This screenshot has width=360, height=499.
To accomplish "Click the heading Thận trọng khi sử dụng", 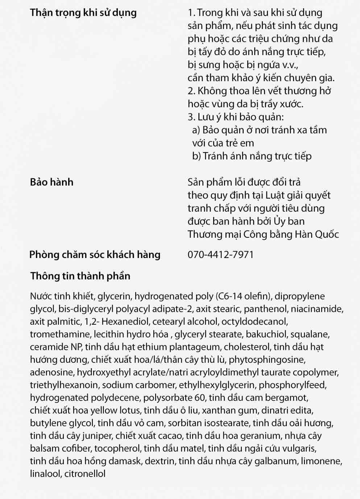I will pyautogui.click(x=83, y=13).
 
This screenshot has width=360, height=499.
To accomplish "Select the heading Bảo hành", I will pyautogui.click(x=51, y=182).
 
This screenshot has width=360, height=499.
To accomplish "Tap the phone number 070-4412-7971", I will pyautogui.click(x=220, y=254).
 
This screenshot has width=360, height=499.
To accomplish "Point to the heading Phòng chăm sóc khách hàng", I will pyautogui.click(x=95, y=254).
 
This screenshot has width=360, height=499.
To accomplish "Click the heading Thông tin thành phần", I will pyautogui.click(x=80, y=276).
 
